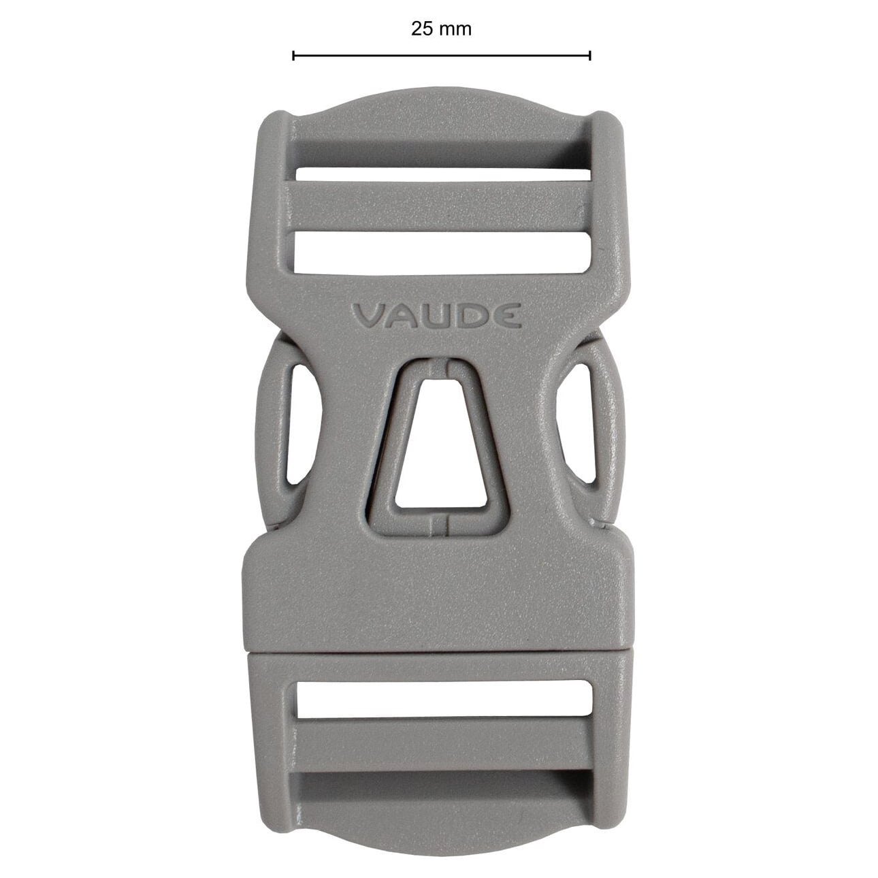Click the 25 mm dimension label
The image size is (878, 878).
tap(441, 29)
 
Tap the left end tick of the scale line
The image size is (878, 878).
tap(293, 56)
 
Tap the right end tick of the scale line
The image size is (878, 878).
tap(590, 56)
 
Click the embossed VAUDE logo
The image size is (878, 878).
tap(437, 316)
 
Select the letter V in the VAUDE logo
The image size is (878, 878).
tap(368, 316)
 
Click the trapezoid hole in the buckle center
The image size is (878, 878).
tap(440, 442)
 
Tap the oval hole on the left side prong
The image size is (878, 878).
tap(302, 424)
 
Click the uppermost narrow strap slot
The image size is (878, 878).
tap(443, 175)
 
